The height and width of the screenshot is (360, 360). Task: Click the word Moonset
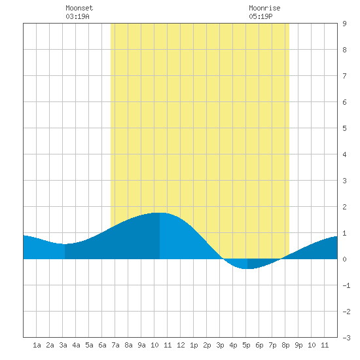pyautogui.click(x=79, y=8)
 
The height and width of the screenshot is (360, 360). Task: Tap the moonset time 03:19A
pyautogui.click(x=77, y=16)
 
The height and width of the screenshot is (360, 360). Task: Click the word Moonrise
pyautogui.click(x=264, y=8)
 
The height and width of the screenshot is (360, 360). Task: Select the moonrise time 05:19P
pyautogui.click(x=261, y=16)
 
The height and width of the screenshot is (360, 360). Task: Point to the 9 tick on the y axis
pyautogui.click(x=344, y=24)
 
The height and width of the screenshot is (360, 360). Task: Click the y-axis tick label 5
pyautogui.click(x=344, y=128)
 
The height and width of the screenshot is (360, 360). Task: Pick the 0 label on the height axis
pyautogui.click(x=344, y=259)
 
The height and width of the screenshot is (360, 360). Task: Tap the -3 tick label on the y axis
pyautogui.click(x=346, y=338)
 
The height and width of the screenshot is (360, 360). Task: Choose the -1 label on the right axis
pyautogui.click(x=346, y=285)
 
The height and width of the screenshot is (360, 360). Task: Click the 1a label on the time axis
pyautogui.click(x=37, y=345)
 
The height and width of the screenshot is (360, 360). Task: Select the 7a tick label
pyautogui.click(x=115, y=345)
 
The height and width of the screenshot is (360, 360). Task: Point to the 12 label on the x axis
pyautogui.click(x=181, y=345)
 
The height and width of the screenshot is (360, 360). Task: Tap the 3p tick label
pyautogui.click(x=220, y=345)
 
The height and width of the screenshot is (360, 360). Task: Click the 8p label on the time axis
pyautogui.click(x=285, y=345)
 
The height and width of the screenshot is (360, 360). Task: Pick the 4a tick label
pyautogui.click(x=76, y=345)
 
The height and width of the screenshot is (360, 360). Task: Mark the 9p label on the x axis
pyautogui.click(x=298, y=345)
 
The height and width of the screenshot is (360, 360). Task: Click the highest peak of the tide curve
pyautogui.click(x=160, y=213)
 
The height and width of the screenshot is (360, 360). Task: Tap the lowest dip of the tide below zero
pyautogui.click(x=247, y=268)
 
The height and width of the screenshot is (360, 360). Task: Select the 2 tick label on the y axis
pyautogui.click(x=344, y=207)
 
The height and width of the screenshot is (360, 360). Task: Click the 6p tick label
pyautogui.click(x=259, y=345)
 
